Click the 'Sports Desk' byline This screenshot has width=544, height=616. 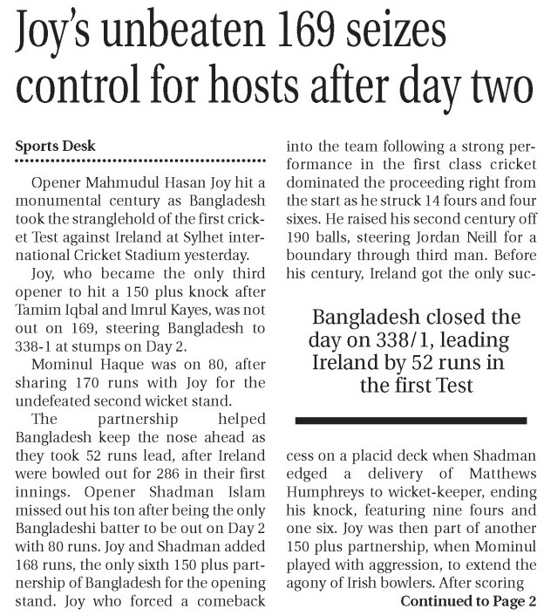click(x=55, y=146)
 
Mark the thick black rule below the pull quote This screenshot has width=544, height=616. click(x=411, y=421)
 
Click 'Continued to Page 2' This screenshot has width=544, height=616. click(x=469, y=600)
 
